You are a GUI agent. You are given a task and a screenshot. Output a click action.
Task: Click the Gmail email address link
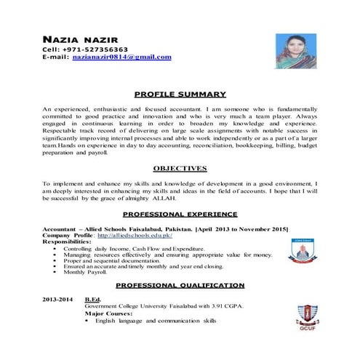point(121,56)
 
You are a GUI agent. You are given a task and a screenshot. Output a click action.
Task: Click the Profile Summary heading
point(180,94)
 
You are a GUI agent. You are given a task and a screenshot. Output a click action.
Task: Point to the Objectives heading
point(180,168)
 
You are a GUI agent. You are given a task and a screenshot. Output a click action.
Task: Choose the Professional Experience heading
point(180,215)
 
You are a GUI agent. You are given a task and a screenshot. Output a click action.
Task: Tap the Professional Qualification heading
point(180,285)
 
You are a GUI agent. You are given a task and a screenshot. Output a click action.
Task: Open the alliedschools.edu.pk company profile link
point(134,236)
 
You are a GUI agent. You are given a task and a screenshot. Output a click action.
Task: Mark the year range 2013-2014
point(58,300)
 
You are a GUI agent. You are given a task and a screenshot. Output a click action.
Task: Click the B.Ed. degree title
point(93,300)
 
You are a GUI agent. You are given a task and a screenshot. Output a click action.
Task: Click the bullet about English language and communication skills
point(156,321)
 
